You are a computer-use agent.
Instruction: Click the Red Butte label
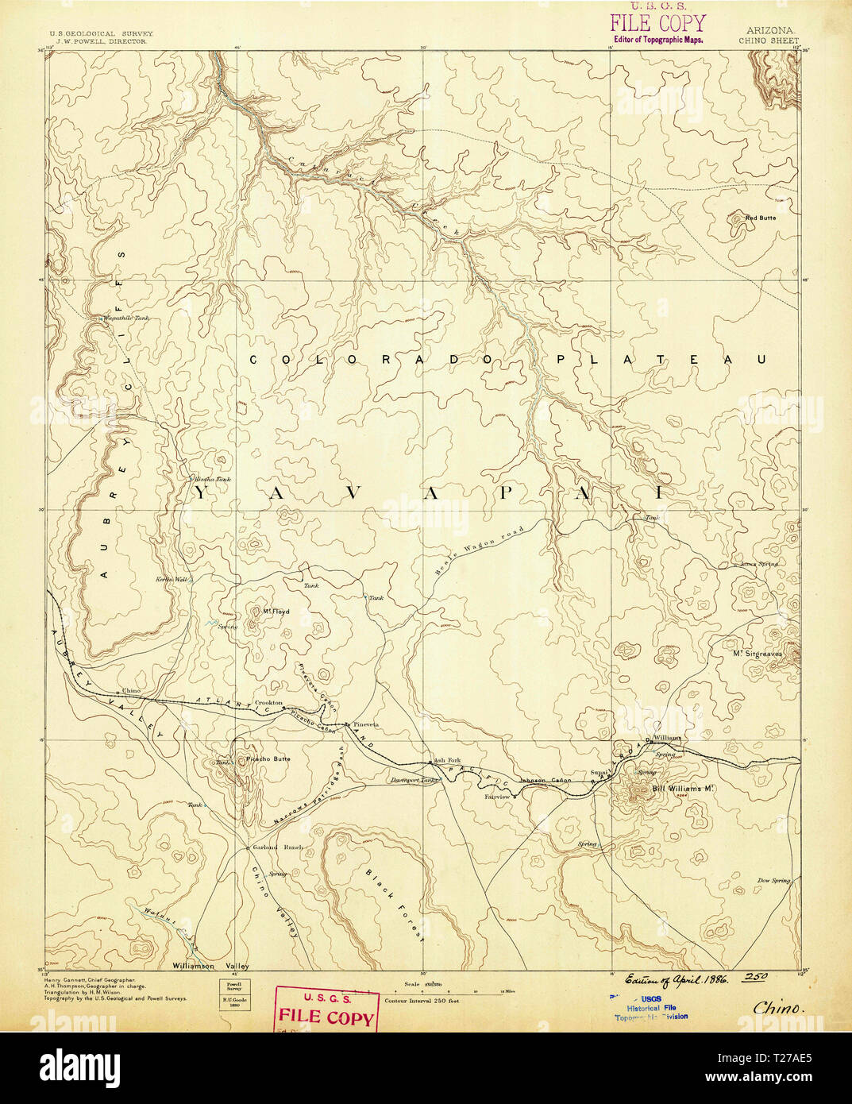760,218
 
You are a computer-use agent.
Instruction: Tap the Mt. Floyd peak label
276,612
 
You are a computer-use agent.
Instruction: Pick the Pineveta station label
366,725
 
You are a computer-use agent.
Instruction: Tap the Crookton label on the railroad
268,703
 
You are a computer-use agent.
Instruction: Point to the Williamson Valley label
210,966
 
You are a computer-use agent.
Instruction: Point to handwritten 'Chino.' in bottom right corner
778,1007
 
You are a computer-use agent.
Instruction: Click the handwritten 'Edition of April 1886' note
675,979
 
